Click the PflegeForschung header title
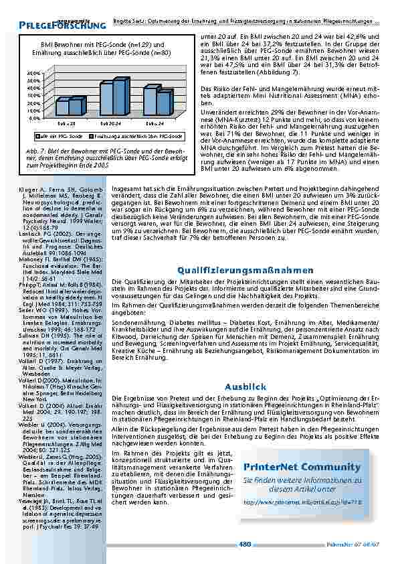coord(63,25)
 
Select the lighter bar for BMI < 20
coord(61,107)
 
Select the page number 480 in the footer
coord(245,544)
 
